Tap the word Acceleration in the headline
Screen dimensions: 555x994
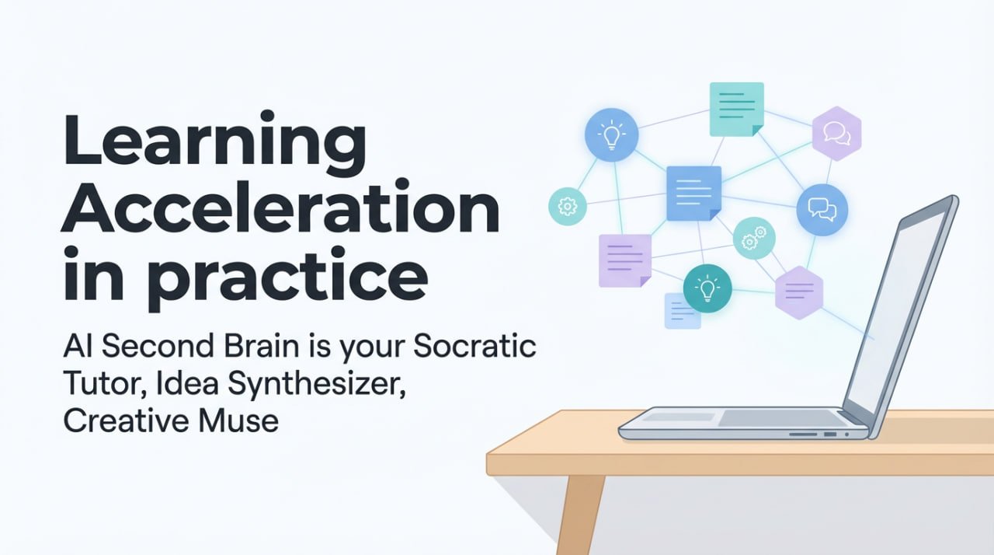[x=280, y=212]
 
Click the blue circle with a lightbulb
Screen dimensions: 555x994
[x=611, y=134]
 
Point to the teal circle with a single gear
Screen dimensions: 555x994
[x=567, y=206]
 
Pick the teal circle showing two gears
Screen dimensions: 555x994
[x=753, y=238]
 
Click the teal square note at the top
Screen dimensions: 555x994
[x=736, y=110]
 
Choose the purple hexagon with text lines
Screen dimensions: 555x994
[x=799, y=292]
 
